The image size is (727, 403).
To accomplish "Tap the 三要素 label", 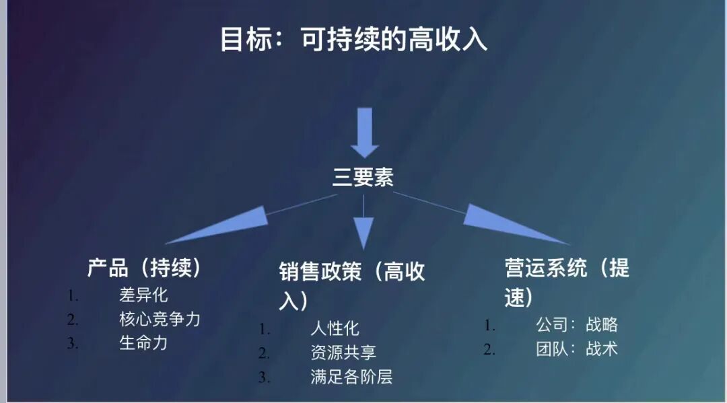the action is [x=363, y=177].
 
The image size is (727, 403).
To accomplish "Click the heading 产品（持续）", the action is [x=145, y=267].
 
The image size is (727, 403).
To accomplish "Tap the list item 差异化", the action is [x=143, y=295].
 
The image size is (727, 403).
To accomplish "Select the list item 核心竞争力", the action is [x=160, y=319].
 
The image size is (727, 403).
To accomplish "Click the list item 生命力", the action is [x=143, y=342].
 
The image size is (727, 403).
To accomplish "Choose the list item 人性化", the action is [x=335, y=328].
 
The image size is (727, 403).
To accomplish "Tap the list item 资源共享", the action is [x=343, y=352].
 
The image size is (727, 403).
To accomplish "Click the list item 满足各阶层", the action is [x=351, y=376].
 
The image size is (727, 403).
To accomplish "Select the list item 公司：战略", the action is [x=577, y=325].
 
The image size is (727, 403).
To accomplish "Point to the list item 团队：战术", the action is [x=577, y=349].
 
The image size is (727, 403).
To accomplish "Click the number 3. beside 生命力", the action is [x=73, y=343].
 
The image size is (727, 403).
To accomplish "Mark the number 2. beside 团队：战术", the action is [x=489, y=349].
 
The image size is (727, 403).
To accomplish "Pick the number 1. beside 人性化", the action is [x=265, y=329].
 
